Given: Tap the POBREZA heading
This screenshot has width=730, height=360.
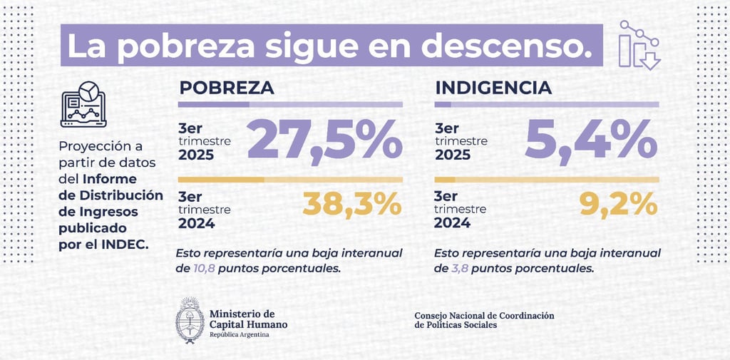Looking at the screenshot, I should (227, 88).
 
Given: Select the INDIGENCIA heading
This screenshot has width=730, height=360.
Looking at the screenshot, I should (493, 88).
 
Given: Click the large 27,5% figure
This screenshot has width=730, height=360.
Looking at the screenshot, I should (325, 141).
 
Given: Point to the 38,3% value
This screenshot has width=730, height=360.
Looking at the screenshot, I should (352, 205).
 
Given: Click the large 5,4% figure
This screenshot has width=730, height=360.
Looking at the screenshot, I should (591, 141).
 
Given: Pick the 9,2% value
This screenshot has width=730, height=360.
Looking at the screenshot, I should (617, 205).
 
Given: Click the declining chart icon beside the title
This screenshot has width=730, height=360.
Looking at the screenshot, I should (639, 44).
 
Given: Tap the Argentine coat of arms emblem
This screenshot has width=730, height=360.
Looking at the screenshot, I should (190, 320).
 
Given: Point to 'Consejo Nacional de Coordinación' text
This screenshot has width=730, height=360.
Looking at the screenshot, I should (483, 315).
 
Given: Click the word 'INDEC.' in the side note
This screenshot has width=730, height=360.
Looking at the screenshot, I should (128, 245).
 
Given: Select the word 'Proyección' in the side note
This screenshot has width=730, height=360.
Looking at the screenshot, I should (92, 147).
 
